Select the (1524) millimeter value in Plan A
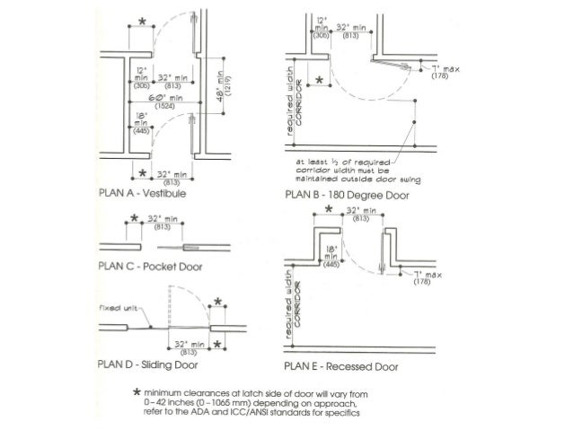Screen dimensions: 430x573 click(x=164, y=106)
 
